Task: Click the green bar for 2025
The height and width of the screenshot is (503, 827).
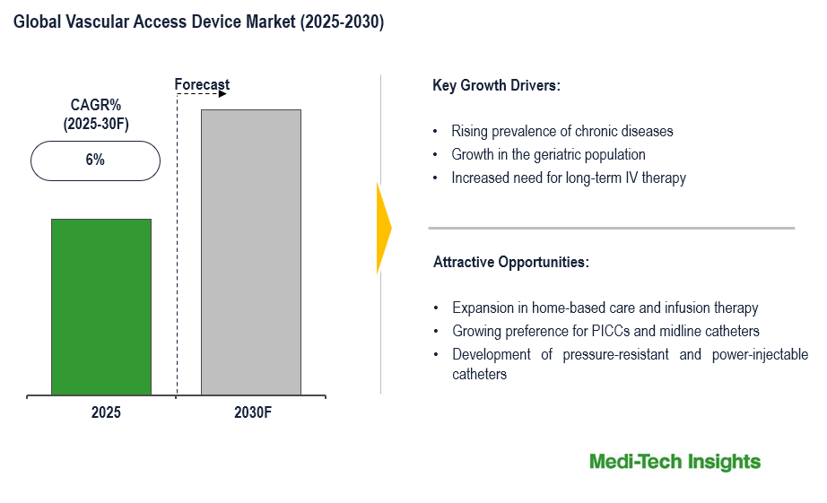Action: (100, 306)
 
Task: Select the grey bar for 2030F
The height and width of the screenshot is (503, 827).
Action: (250, 252)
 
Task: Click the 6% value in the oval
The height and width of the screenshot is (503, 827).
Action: (95, 160)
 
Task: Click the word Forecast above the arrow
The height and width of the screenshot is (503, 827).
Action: (202, 85)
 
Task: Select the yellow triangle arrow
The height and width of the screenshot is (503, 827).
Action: (383, 228)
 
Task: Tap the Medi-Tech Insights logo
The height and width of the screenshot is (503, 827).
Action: (675, 462)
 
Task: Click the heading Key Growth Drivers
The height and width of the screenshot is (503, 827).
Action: (496, 86)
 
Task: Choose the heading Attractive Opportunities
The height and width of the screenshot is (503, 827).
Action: (510, 263)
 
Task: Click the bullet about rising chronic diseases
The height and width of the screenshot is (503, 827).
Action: (561, 131)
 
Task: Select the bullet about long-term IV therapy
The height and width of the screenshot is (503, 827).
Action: (569, 178)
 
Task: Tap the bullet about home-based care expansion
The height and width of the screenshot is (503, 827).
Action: (605, 308)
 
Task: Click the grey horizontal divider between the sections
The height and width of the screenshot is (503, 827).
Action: (611, 228)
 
